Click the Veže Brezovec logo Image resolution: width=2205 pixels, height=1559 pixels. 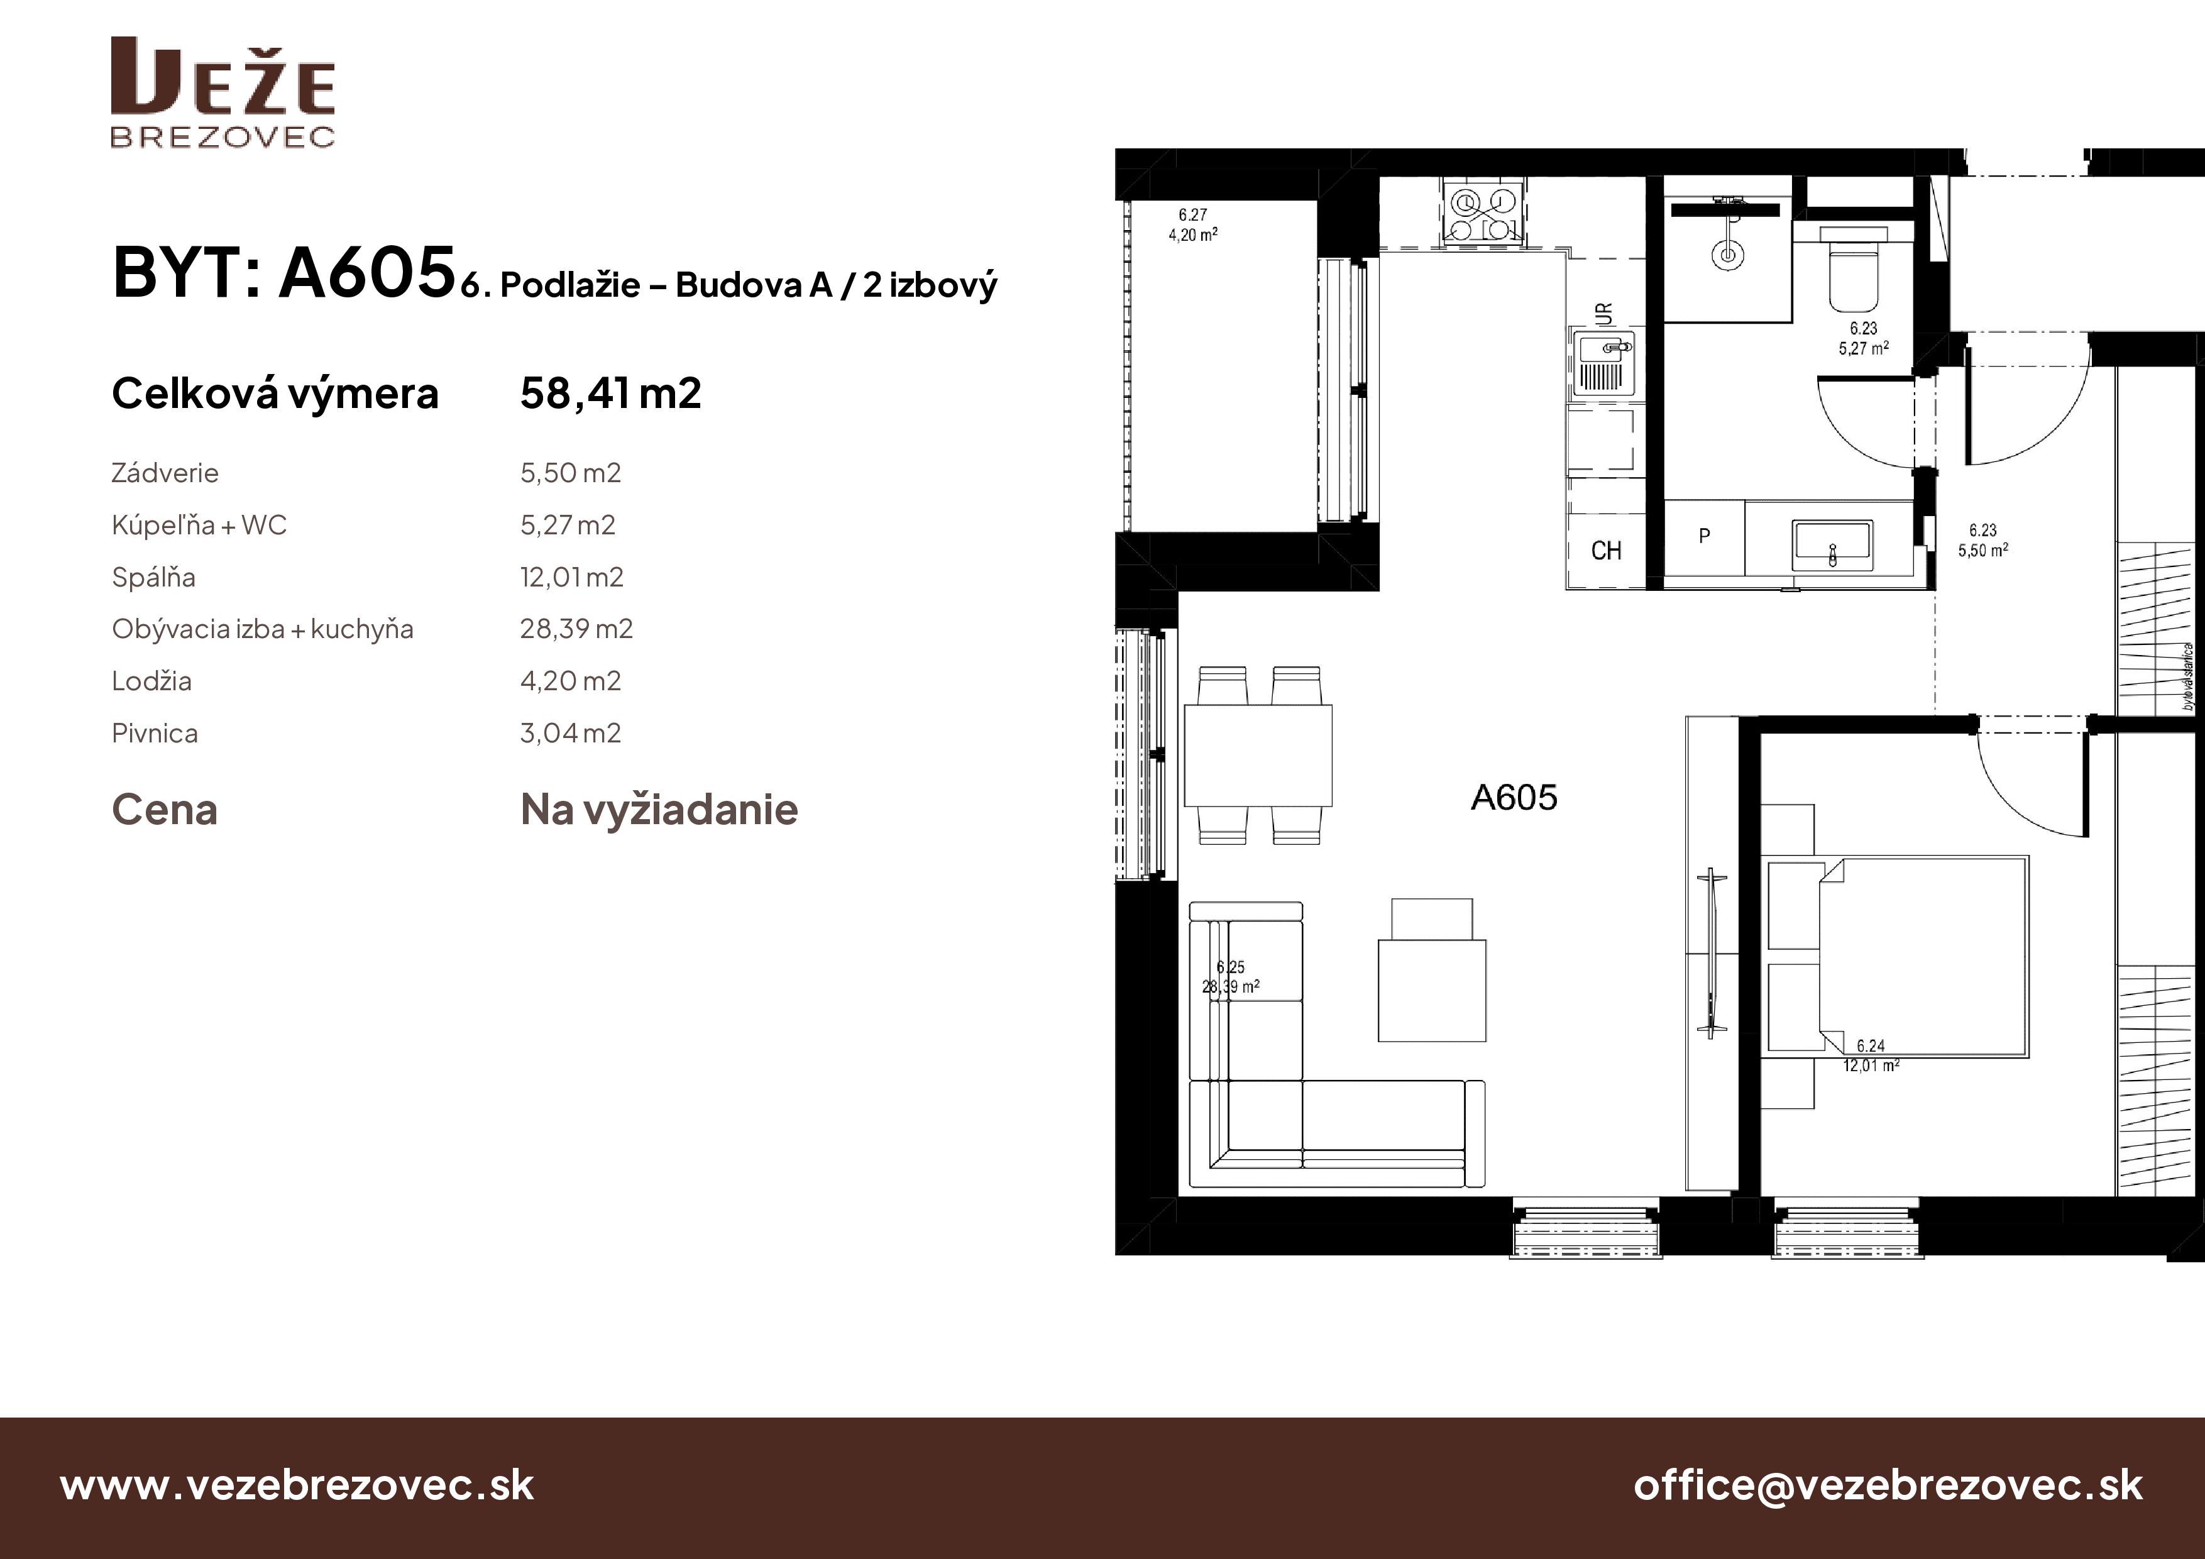(x=223, y=92)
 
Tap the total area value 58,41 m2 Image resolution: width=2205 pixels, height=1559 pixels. (x=611, y=393)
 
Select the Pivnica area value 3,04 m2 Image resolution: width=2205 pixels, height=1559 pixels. (x=571, y=733)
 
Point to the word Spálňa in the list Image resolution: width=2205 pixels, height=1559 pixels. (x=153, y=577)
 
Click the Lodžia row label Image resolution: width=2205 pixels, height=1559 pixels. (x=151, y=681)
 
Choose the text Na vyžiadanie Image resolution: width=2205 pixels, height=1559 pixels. (x=659, y=810)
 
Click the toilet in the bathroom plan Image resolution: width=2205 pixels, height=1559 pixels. (x=1854, y=270)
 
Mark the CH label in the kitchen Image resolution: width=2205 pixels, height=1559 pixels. (x=1606, y=551)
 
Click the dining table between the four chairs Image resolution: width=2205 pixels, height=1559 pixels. (x=1258, y=755)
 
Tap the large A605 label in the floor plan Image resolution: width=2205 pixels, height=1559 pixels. (x=1514, y=797)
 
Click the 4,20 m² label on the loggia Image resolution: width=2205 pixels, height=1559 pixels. (x=1193, y=234)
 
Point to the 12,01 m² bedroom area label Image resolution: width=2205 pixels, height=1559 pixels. (x=1871, y=1066)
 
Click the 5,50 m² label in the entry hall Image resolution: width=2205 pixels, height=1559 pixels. (x=1983, y=551)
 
